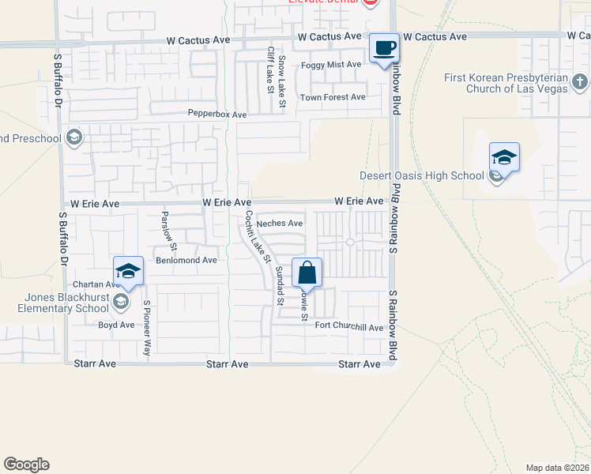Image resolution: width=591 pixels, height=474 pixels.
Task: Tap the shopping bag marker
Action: coord(307,273)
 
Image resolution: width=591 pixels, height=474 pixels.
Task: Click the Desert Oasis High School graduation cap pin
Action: coord(503,157)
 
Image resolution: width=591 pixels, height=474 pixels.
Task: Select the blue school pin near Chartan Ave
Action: coord(128,271)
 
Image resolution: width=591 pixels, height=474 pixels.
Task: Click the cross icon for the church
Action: coord(579,81)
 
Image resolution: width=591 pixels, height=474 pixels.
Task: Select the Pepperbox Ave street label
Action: coord(217,115)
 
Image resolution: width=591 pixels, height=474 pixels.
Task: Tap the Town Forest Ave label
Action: coord(333,97)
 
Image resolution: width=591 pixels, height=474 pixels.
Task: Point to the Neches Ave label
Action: coord(280,224)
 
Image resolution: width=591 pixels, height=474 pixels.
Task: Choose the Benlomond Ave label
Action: coord(186,260)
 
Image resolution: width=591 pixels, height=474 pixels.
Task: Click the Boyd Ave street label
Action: coord(116,325)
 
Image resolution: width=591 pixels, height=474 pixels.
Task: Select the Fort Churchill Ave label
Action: coord(348,327)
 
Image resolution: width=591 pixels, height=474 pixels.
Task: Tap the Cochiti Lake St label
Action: coord(258,235)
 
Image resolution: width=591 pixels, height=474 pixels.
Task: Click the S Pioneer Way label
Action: coord(146,327)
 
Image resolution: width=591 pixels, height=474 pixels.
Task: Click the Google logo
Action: coord(26,465)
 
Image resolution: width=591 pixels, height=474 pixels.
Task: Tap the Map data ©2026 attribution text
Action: coord(556,468)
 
